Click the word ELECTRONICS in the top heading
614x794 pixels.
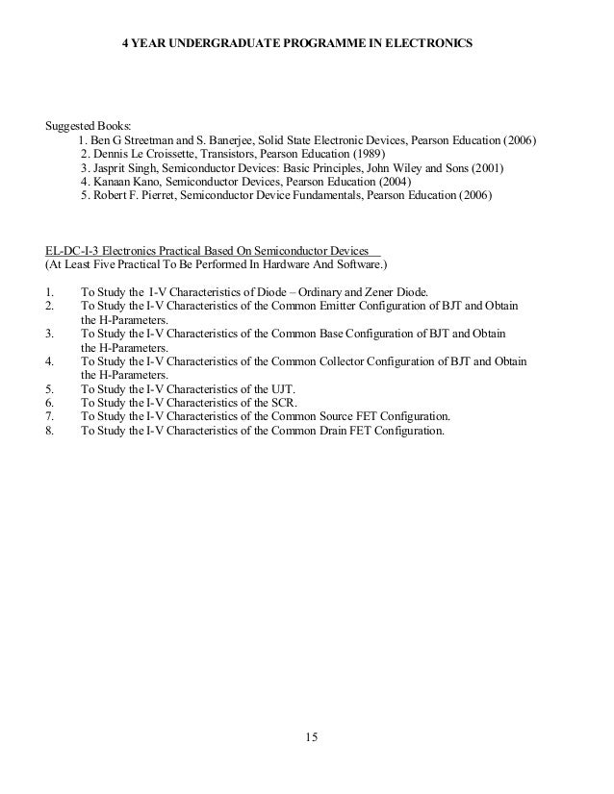tap(427, 44)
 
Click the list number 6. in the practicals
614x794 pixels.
tap(51, 403)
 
